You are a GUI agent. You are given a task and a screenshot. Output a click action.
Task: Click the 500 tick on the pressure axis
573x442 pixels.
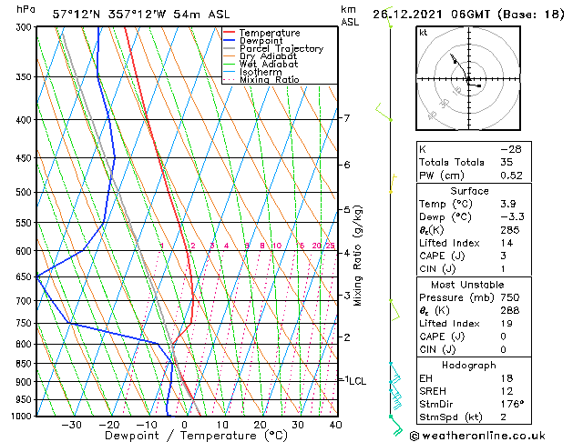25,193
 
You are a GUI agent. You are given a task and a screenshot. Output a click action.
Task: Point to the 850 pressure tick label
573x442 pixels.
25,364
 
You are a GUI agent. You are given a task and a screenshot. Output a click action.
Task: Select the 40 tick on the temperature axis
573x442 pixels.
335,425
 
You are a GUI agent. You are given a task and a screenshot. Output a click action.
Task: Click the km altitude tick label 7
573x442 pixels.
347,118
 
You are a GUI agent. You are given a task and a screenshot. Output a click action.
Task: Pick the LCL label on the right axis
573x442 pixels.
356,381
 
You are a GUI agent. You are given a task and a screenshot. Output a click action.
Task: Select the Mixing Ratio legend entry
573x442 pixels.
270,80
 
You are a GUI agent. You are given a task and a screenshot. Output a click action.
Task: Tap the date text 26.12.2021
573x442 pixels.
426,13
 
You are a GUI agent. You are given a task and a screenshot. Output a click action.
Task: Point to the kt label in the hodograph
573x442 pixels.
424,33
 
